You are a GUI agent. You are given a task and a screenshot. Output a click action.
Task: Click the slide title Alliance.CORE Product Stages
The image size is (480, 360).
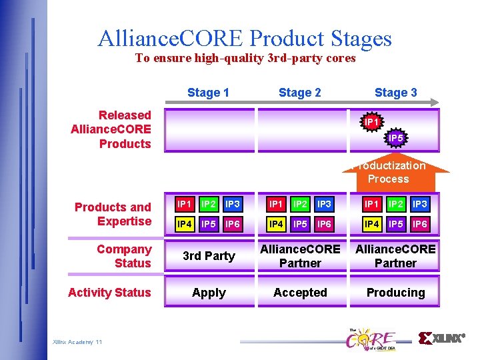245,38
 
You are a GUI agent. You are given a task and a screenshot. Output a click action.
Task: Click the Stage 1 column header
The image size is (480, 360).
208,93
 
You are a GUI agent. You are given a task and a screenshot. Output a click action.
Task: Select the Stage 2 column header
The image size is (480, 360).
299,93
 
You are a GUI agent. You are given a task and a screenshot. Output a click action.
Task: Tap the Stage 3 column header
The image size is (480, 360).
395,93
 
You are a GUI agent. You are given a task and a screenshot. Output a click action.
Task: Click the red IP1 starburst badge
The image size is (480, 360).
372,123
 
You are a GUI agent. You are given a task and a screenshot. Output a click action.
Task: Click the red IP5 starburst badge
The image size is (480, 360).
395,138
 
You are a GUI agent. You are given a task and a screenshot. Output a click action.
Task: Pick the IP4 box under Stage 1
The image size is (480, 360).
185,225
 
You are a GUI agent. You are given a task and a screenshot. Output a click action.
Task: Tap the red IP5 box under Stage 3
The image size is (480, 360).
397,225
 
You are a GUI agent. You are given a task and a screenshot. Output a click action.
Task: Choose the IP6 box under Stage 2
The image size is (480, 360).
324,225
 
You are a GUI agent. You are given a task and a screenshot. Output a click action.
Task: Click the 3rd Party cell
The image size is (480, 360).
209,256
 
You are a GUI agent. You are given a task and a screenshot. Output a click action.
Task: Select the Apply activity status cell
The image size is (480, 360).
209,293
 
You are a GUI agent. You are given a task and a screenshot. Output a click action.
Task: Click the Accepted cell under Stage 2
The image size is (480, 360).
300,293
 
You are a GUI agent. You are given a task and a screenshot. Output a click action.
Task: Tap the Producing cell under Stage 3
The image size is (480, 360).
395,293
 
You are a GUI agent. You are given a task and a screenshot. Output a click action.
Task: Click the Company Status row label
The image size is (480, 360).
124,256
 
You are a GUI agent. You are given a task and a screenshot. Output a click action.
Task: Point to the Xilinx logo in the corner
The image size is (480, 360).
441,339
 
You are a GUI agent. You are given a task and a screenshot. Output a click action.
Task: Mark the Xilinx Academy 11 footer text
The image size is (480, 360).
77,342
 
